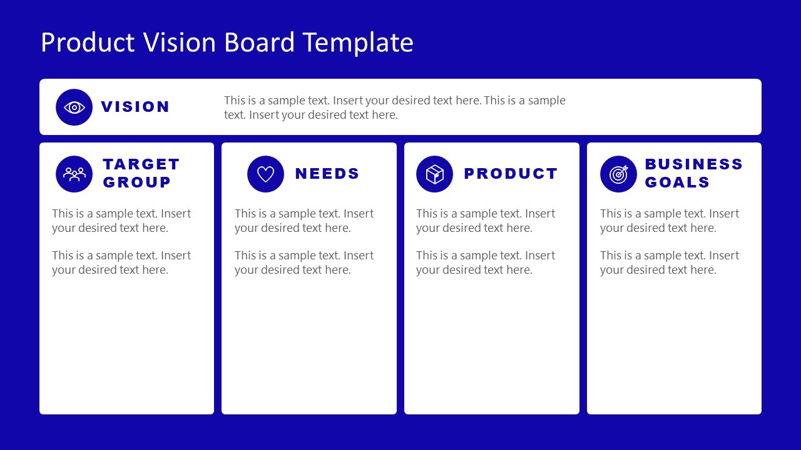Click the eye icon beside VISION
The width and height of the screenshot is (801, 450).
[x=74, y=107]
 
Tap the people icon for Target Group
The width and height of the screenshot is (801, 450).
[x=74, y=174]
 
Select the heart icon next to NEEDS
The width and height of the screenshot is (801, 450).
[x=265, y=174]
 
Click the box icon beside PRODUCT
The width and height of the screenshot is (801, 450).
[x=434, y=174]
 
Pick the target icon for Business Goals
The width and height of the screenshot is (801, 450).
[x=618, y=174]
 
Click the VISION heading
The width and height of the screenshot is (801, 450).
[x=135, y=107]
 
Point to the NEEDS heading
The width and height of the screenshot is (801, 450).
[x=327, y=174]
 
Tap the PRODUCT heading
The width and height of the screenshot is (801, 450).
[x=511, y=174]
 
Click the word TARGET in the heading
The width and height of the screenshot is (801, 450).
[x=141, y=164]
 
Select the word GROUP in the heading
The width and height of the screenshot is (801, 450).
[x=137, y=182]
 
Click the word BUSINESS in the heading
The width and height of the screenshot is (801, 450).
[x=694, y=164]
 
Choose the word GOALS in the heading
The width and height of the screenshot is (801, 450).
[x=677, y=182]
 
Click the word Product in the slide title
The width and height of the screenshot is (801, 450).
[x=88, y=42]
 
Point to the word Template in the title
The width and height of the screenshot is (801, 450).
[x=358, y=42]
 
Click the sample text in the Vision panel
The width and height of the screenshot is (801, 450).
[x=394, y=107]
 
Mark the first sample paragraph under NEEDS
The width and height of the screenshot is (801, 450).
[x=304, y=221]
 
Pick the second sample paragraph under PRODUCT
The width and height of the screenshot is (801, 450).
[x=486, y=262]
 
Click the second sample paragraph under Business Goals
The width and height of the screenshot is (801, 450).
[x=670, y=262]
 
